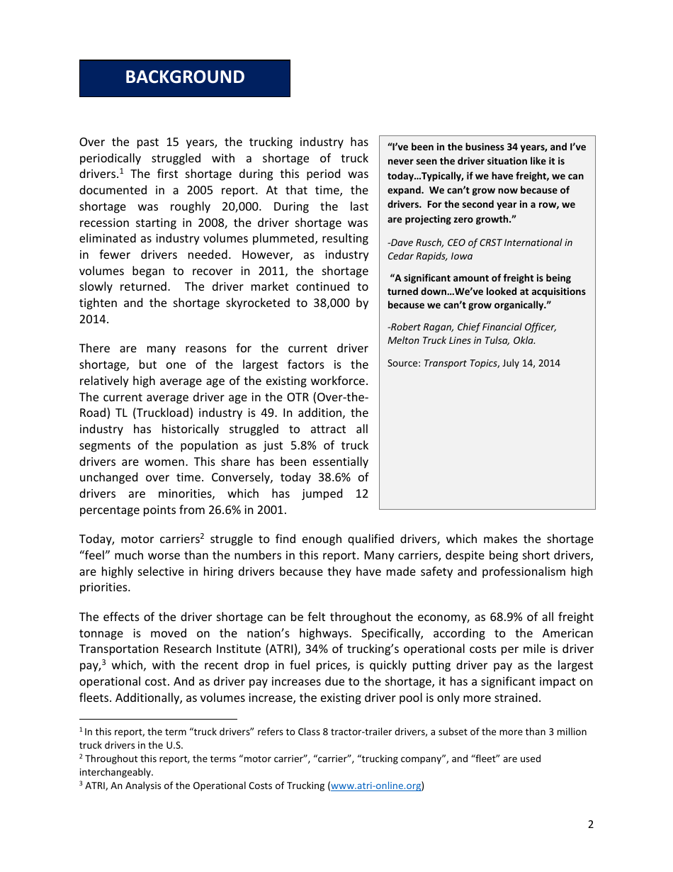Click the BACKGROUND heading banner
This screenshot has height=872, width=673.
tap(184, 78)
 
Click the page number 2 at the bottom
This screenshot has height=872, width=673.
tap(590, 824)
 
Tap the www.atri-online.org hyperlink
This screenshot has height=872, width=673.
tap(376, 786)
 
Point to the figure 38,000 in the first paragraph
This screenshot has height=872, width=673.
tap(329, 303)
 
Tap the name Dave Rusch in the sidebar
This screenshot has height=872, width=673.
tap(417, 242)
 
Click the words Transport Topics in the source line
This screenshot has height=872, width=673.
tap(461, 363)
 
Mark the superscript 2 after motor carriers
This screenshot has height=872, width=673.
tap(202, 536)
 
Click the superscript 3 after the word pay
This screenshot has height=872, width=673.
tap(104, 662)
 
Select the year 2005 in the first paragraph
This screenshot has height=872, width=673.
tap(201, 190)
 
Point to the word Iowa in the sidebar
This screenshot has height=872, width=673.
tap(462, 256)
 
